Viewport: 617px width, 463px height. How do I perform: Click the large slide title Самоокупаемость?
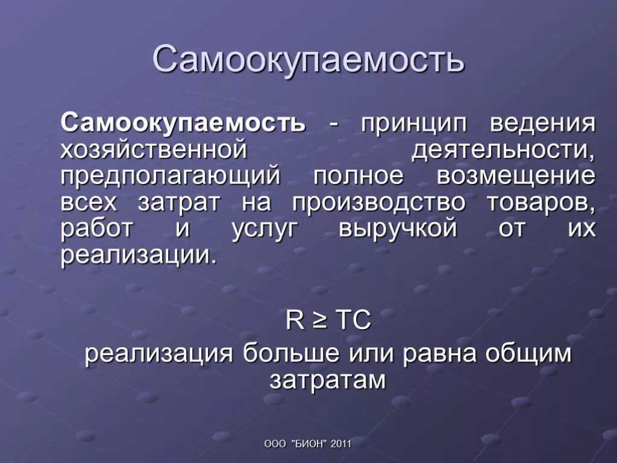pos(308,60)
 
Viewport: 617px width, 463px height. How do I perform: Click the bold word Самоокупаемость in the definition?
pos(183,123)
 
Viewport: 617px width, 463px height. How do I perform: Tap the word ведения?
pos(542,123)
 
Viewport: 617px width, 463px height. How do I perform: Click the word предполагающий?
pos(170,177)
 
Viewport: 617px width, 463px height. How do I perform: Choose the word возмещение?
pos(516,176)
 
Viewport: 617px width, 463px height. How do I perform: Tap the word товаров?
pos(540,203)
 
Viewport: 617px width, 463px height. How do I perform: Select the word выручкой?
pos(397,230)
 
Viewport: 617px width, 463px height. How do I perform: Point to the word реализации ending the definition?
pos(137,256)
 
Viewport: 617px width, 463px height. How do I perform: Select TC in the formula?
pos(353,321)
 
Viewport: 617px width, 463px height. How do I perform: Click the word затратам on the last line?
pos(327,380)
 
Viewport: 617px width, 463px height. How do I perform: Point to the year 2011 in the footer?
pos(340,444)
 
